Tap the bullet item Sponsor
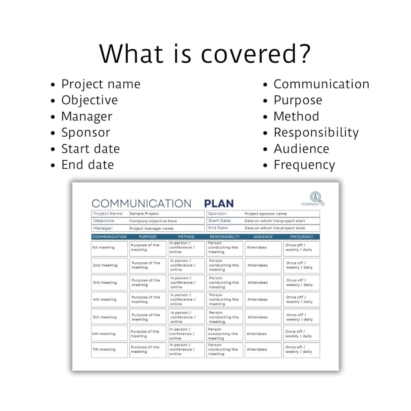click(86, 133)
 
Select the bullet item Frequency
click(304, 165)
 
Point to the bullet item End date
click(87, 165)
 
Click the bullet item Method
click(296, 116)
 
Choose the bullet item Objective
click(89, 100)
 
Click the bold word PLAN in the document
click(219, 204)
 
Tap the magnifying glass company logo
click(316, 198)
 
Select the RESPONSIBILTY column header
click(225, 237)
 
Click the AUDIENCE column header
click(263, 237)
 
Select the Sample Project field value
click(144, 214)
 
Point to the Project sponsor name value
click(266, 214)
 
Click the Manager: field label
click(103, 228)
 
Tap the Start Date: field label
click(220, 221)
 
